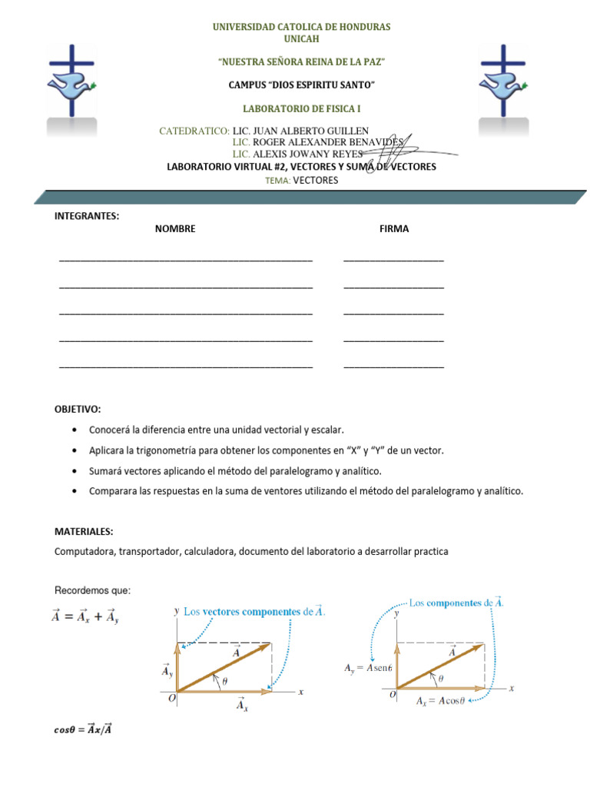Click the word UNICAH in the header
[301, 38]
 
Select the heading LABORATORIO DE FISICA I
[301, 109]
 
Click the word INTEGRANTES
[87, 216]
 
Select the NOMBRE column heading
[175, 229]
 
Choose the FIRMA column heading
[394, 229]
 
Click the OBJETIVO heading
[78, 409]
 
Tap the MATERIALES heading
[85, 531]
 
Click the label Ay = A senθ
[369, 669]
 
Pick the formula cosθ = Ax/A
[85, 729]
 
